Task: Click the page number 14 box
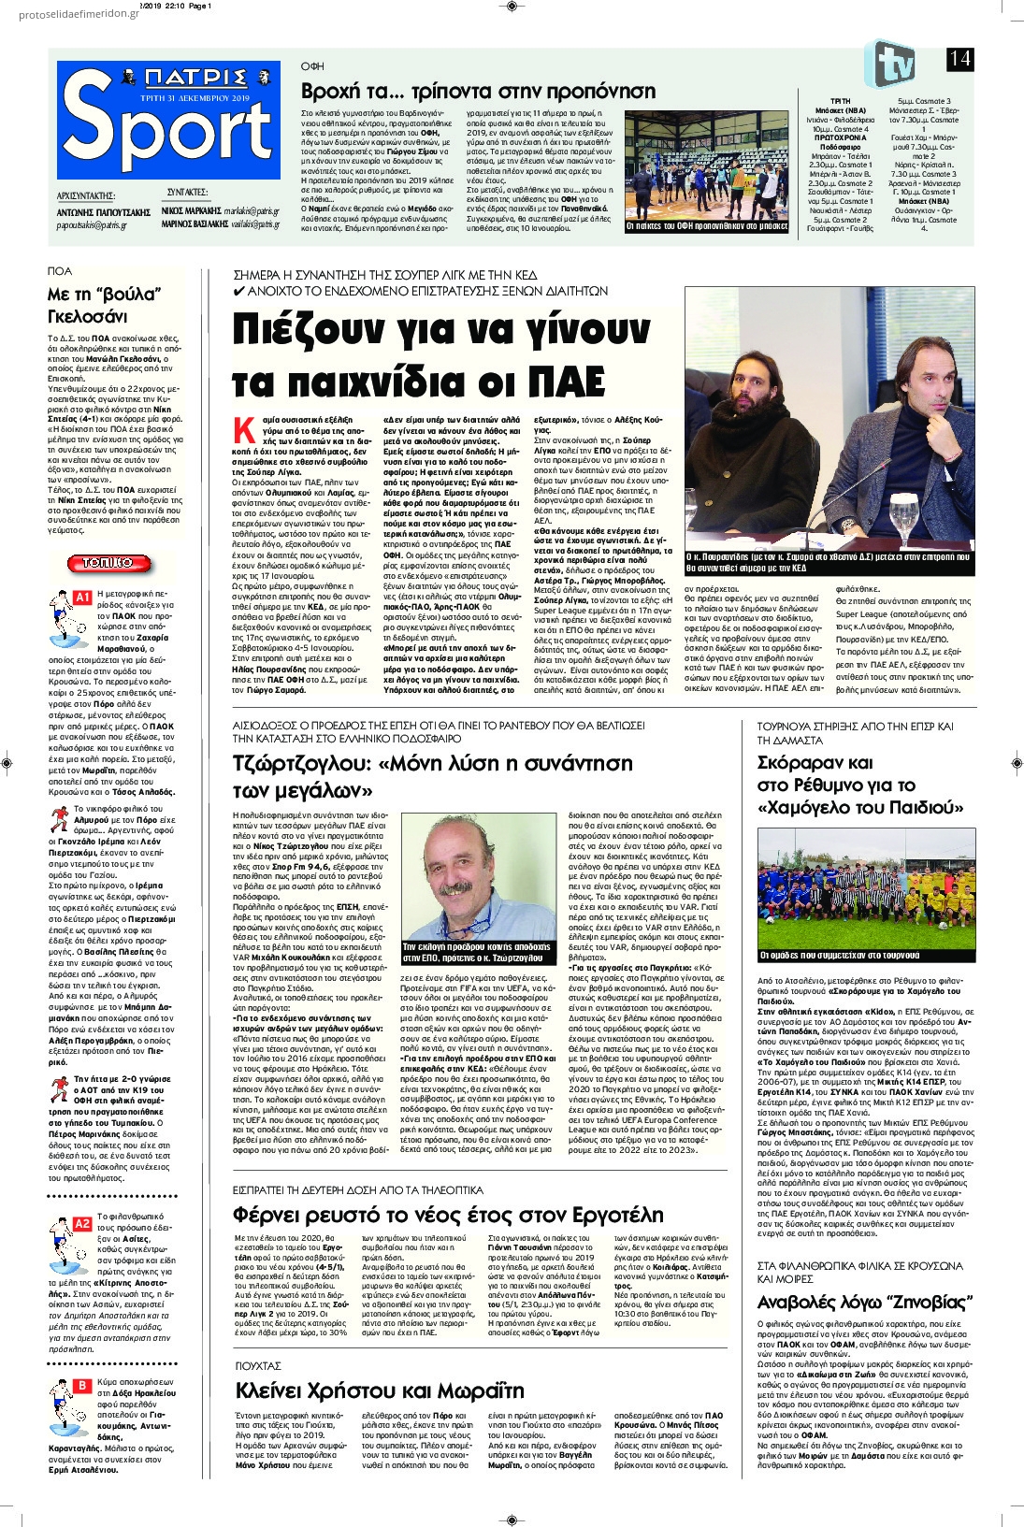tap(960, 58)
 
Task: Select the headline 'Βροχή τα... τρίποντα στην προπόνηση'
tap(478, 91)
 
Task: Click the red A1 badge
tap(82, 597)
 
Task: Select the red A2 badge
tap(82, 1222)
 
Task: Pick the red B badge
tap(82, 1385)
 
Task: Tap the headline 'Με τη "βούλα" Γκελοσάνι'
tap(105, 306)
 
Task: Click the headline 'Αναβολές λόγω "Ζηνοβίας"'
tap(865, 1303)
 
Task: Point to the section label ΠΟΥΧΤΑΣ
tap(258, 1366)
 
